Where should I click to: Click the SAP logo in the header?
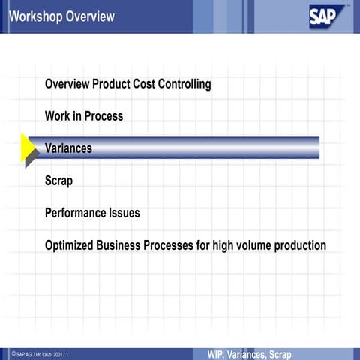328,16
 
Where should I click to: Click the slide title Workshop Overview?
62,16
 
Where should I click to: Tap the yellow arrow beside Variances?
29,148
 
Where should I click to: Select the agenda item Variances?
68,148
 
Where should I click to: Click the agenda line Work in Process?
84,116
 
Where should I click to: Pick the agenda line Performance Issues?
92,213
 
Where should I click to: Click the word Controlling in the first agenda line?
182,84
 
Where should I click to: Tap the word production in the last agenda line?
298,245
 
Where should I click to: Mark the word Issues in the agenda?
123,213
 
